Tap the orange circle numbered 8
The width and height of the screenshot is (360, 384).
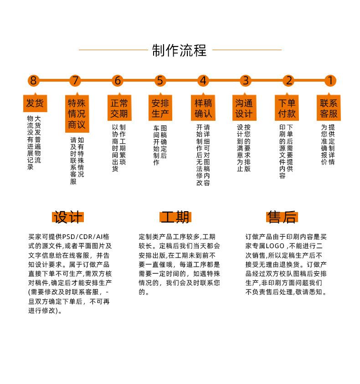33,81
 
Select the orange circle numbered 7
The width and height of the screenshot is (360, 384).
75,81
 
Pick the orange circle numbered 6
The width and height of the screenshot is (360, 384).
118,81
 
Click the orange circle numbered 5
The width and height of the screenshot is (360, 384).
159,81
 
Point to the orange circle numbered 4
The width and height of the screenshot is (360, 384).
203,81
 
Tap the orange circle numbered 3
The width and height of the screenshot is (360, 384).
245,81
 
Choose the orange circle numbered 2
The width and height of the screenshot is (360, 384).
288,81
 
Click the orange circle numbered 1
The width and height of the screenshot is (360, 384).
330,81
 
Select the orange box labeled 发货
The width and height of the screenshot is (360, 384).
35,103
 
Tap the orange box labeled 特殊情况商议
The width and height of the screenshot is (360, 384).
77,114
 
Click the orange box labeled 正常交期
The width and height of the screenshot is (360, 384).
119,108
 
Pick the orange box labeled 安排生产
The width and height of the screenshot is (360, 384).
160,108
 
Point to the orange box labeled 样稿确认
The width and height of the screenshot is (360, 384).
203,108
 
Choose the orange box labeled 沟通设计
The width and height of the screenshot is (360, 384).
245,108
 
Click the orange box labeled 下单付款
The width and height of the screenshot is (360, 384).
287,108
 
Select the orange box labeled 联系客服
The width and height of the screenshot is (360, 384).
329,108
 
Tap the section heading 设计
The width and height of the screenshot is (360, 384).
68,217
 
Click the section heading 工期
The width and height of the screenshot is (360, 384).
175,217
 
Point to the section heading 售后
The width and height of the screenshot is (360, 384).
282,217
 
